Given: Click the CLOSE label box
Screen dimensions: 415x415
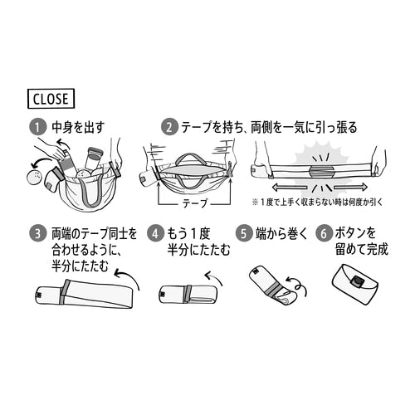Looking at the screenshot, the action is click(51, 99).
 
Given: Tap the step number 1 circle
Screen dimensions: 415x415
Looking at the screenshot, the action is click(37, 128).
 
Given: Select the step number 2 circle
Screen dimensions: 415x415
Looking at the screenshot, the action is click(169, 128).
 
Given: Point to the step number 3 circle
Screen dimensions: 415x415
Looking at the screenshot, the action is click(37, 234).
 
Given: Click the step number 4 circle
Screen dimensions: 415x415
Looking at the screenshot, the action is click(155, 234).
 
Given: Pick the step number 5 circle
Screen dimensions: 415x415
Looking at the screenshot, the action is click(243, 234).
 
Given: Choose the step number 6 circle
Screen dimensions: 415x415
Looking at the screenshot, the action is click(324, 234).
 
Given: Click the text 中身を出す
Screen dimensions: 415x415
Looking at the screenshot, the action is click(78, 128).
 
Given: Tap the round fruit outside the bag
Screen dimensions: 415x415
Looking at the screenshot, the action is click(35, 177).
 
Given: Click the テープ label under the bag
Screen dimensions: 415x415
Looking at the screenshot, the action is click(195, 203).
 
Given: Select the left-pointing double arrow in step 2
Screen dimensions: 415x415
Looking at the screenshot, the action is click(290, 188).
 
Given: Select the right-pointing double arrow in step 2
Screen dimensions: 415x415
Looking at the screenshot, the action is click(350, 188).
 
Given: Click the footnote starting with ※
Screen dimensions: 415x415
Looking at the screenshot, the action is click(317, 203).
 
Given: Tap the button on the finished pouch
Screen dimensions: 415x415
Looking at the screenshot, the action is click(358, 281).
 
